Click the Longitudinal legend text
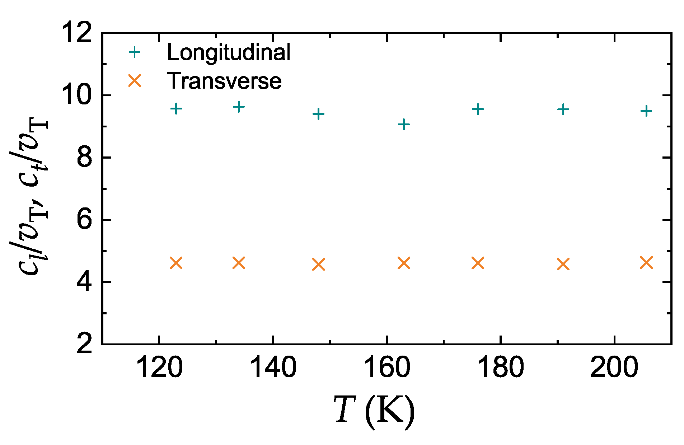tap(229, 52)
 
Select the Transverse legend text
tap(224, 81)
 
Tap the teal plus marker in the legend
tap(135, 52)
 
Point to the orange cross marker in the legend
tap(135, 81)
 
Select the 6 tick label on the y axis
tap(85, 219)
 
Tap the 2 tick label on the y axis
tap(85, 343)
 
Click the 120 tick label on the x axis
tap(159, 368)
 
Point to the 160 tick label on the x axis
tap(386, 368)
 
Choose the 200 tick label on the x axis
tap(614, 368)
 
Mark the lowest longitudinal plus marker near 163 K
tap(404, 125)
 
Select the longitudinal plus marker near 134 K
tap(239, 107)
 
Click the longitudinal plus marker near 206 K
tap(646, 111)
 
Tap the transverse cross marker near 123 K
tap(176, 263)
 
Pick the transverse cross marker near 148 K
tap(318, 264)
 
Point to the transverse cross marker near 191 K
tap(563, 264)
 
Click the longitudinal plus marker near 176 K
tap(478, 109)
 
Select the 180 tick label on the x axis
tap(500, 368)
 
